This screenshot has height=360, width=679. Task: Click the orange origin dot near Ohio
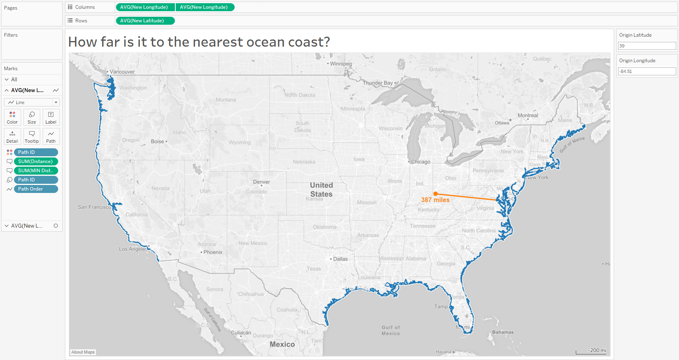pyautogui.click(x=436, y=194)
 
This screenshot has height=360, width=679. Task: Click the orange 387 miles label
pyautogui.click(x=435, y=200)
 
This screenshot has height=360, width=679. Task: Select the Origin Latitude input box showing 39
pyautogui.click(x=646, y=46)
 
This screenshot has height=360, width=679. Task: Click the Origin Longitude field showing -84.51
pyautogui.click(x=646, y=71)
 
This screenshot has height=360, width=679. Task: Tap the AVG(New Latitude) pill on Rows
pyautogui.click(x=145, y=21)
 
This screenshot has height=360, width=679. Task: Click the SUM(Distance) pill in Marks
pyautogui.click(x=35, y=161)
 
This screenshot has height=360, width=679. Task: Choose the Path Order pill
pyautogui.click(x=35, y=189)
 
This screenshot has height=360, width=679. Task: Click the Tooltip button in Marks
pyautogui.click(x=32, y=136)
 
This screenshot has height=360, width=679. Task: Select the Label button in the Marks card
pyautogui.click(x=51, y=117)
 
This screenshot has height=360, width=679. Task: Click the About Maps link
pyautogui.click(x=83, y=352)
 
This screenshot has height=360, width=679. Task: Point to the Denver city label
pyautogui.click(x=261, y=182)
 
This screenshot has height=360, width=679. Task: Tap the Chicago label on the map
pyautogui.click(x=420, y=162)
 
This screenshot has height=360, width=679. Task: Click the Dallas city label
pyautogui.click(x=340, y=259)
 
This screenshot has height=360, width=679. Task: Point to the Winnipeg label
pyautogui.click(x=341, y=64)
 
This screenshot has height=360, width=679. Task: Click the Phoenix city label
pyautogui.click(x=213, y=252)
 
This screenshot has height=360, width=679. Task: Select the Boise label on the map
pyautogui.click(x=157, y=142)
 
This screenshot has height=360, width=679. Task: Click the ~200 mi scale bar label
pyautogui.click(x=597, y=350)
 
